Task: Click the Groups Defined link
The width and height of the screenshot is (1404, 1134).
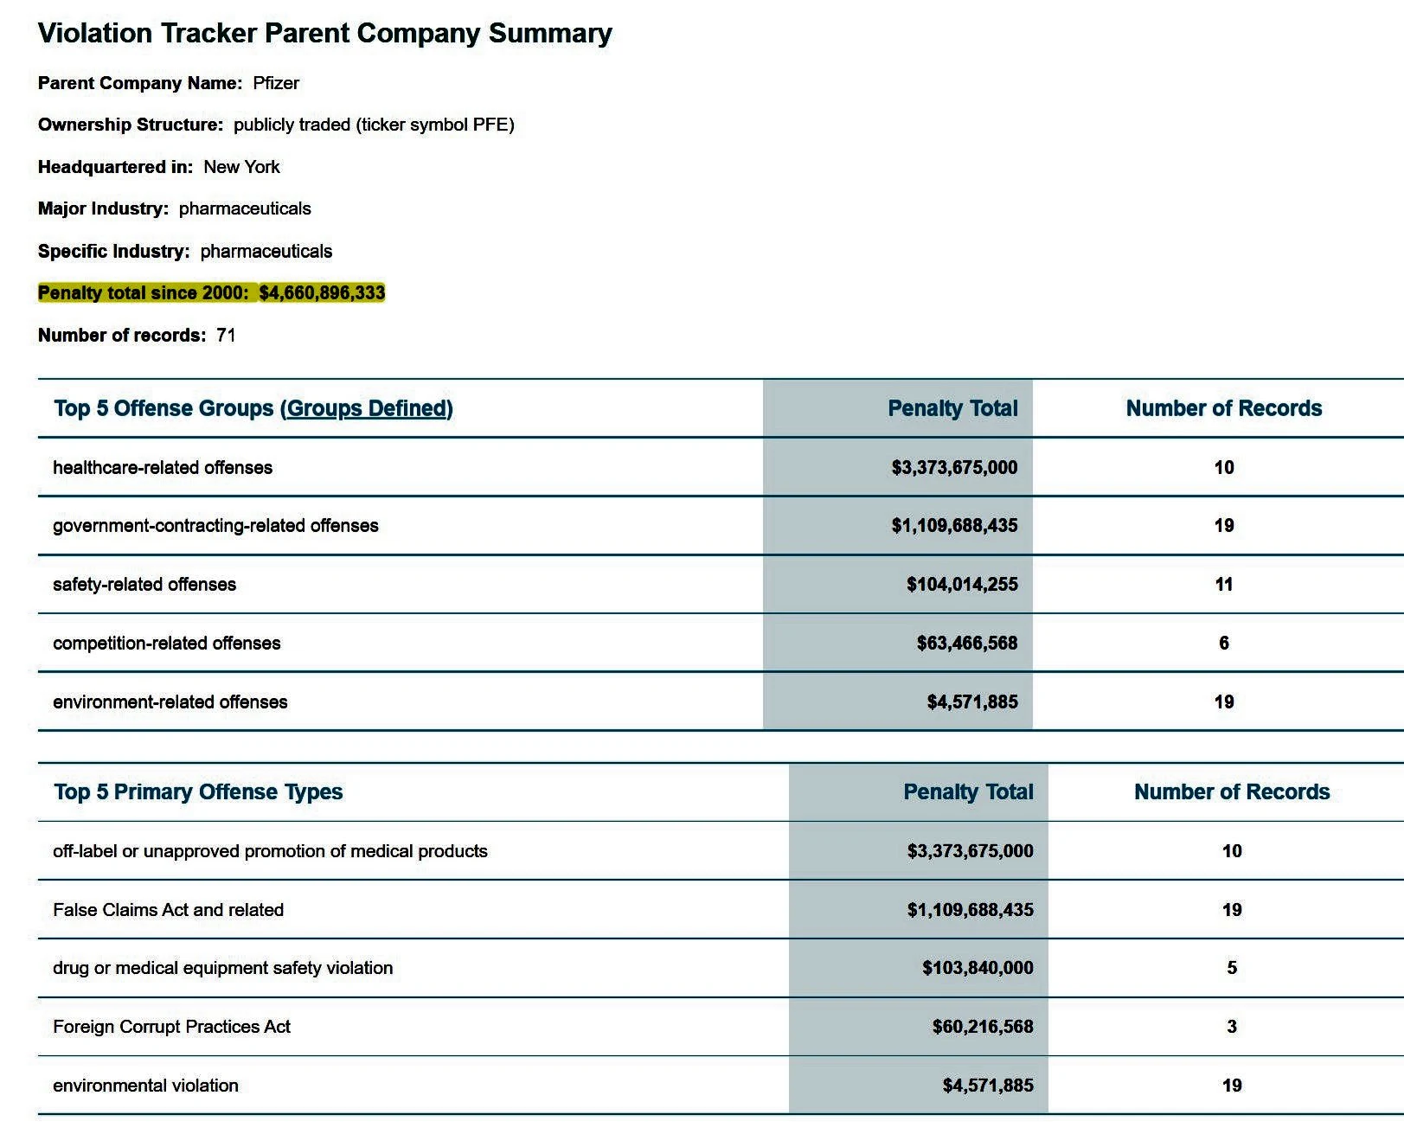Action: pyautogui.click(x=367, y=408)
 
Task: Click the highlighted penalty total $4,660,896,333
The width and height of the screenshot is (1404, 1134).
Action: pyautogui.click(x=322, y=293)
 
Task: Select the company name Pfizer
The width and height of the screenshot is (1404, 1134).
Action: pyautogui.click(x=276, y=83)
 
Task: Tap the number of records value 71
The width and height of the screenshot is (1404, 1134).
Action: pyautogui.click(x=226, y=336)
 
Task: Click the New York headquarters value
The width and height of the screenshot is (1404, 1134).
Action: pyautogui.click(x=241, y=167)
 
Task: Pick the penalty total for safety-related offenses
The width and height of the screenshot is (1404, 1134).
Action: pyautogui.click(x=962, y=585)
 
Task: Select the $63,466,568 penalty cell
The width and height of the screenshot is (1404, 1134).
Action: pyautogui.click(x=967, y=644)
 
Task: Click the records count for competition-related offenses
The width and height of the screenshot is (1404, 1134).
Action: pyautogui.click(x=1223, y=644)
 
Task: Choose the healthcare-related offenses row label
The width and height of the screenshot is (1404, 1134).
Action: pyautogui.click(x=163, y=468)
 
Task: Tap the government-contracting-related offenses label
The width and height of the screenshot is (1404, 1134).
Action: pyautogui.click(x=215, y=526)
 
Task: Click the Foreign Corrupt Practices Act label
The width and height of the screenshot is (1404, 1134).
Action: pyautogui.click(x=171, y=1027)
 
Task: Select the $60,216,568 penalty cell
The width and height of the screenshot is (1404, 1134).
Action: pyautogui.click(x=983, y=1027)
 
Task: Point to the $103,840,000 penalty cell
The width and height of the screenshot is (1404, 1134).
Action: pyautogui.click(x=978, y=968)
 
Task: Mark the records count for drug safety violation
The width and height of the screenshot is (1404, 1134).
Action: pyautogui.click(x=1232, y=968)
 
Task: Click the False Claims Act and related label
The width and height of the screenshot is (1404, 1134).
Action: pyautogui.click(x=168, y=910)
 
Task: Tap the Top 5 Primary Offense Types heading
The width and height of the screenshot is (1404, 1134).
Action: pyautogui.click(x=198, y=792)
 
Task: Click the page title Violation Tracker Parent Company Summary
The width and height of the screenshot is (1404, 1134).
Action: pyautogui.click(x=324, y=34)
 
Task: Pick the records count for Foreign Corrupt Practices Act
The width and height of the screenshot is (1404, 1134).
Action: pyautogui.click(x=1232, y=1027)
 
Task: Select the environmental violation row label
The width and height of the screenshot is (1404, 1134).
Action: pyautogui.click(x=145, y=1086)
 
